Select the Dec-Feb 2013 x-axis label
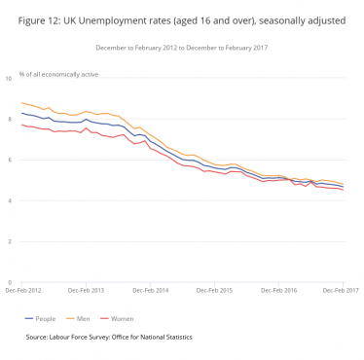86,290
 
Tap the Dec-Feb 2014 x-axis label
150,290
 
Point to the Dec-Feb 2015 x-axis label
214,290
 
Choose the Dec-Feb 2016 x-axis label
278,290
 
